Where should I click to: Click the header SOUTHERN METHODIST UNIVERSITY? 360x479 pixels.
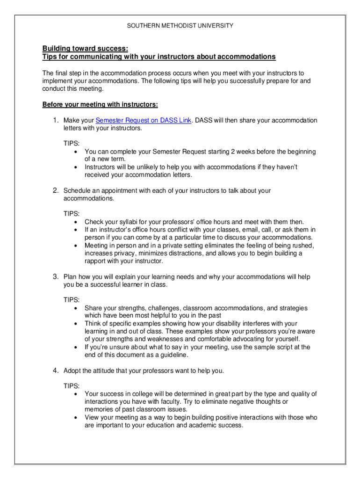(180, 25)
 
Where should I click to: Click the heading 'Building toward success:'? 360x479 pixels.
(85, 49)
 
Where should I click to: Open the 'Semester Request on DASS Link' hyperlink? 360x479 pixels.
(144, 120)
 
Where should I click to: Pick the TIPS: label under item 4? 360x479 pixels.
(72, 386)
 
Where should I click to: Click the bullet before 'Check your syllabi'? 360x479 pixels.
(76, 222)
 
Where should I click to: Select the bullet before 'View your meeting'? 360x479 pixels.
(76, 417)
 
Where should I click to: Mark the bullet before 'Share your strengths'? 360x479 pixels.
(76, 308)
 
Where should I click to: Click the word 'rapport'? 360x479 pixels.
(96, 261)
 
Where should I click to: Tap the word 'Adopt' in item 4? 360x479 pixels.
(72, 371)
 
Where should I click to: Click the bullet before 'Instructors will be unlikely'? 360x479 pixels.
(76, 167)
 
